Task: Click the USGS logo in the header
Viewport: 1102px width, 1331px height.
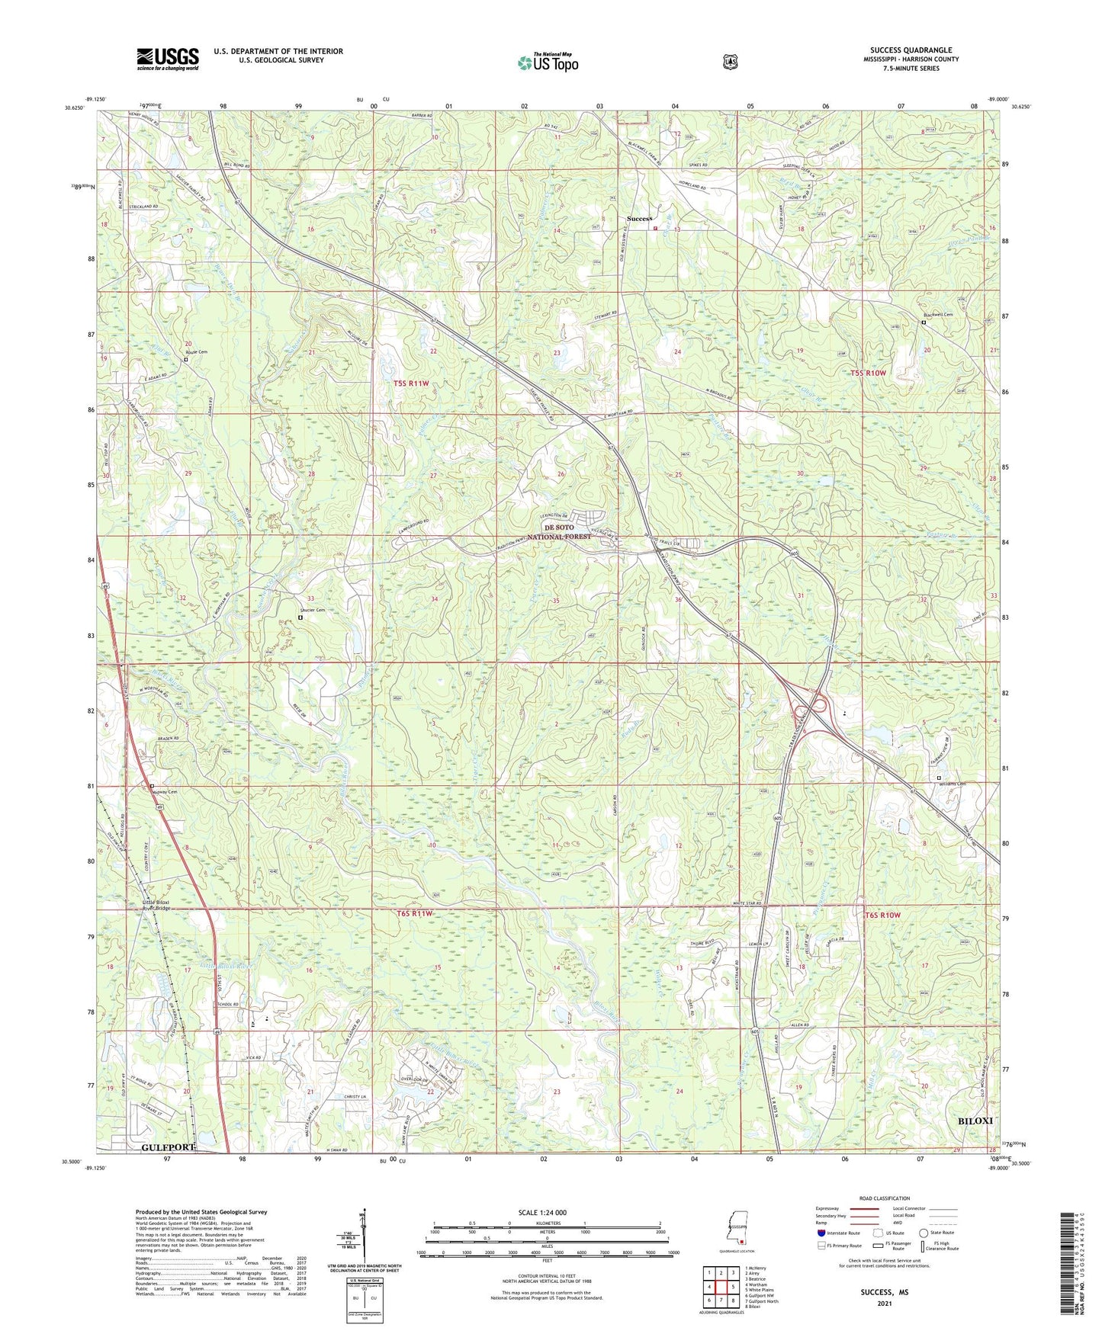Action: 168,59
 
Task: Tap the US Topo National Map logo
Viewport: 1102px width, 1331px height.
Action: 548,63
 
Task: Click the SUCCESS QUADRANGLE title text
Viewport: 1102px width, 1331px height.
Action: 911,50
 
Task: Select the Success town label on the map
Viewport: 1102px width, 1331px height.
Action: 639,219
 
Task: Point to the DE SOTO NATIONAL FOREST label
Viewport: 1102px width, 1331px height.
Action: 567,532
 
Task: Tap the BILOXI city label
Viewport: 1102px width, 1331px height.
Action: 975,1121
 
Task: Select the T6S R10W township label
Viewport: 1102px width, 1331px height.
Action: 882,914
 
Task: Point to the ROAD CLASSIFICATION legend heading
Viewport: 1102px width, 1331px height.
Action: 885,1198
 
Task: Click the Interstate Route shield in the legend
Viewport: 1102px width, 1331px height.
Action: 821,1233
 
